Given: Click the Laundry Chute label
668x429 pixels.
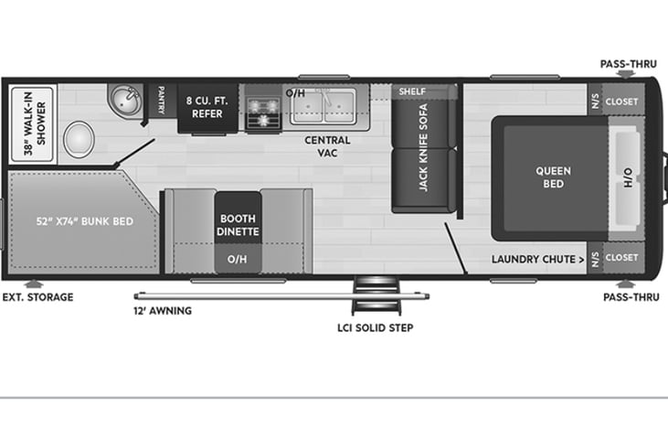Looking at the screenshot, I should [x=537, y=259].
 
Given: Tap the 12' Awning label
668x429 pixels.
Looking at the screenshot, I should [x=162, y=311].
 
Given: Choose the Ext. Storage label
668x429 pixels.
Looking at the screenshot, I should [x=37, y=297].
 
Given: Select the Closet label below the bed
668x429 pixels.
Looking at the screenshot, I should [x=621, y=258].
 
